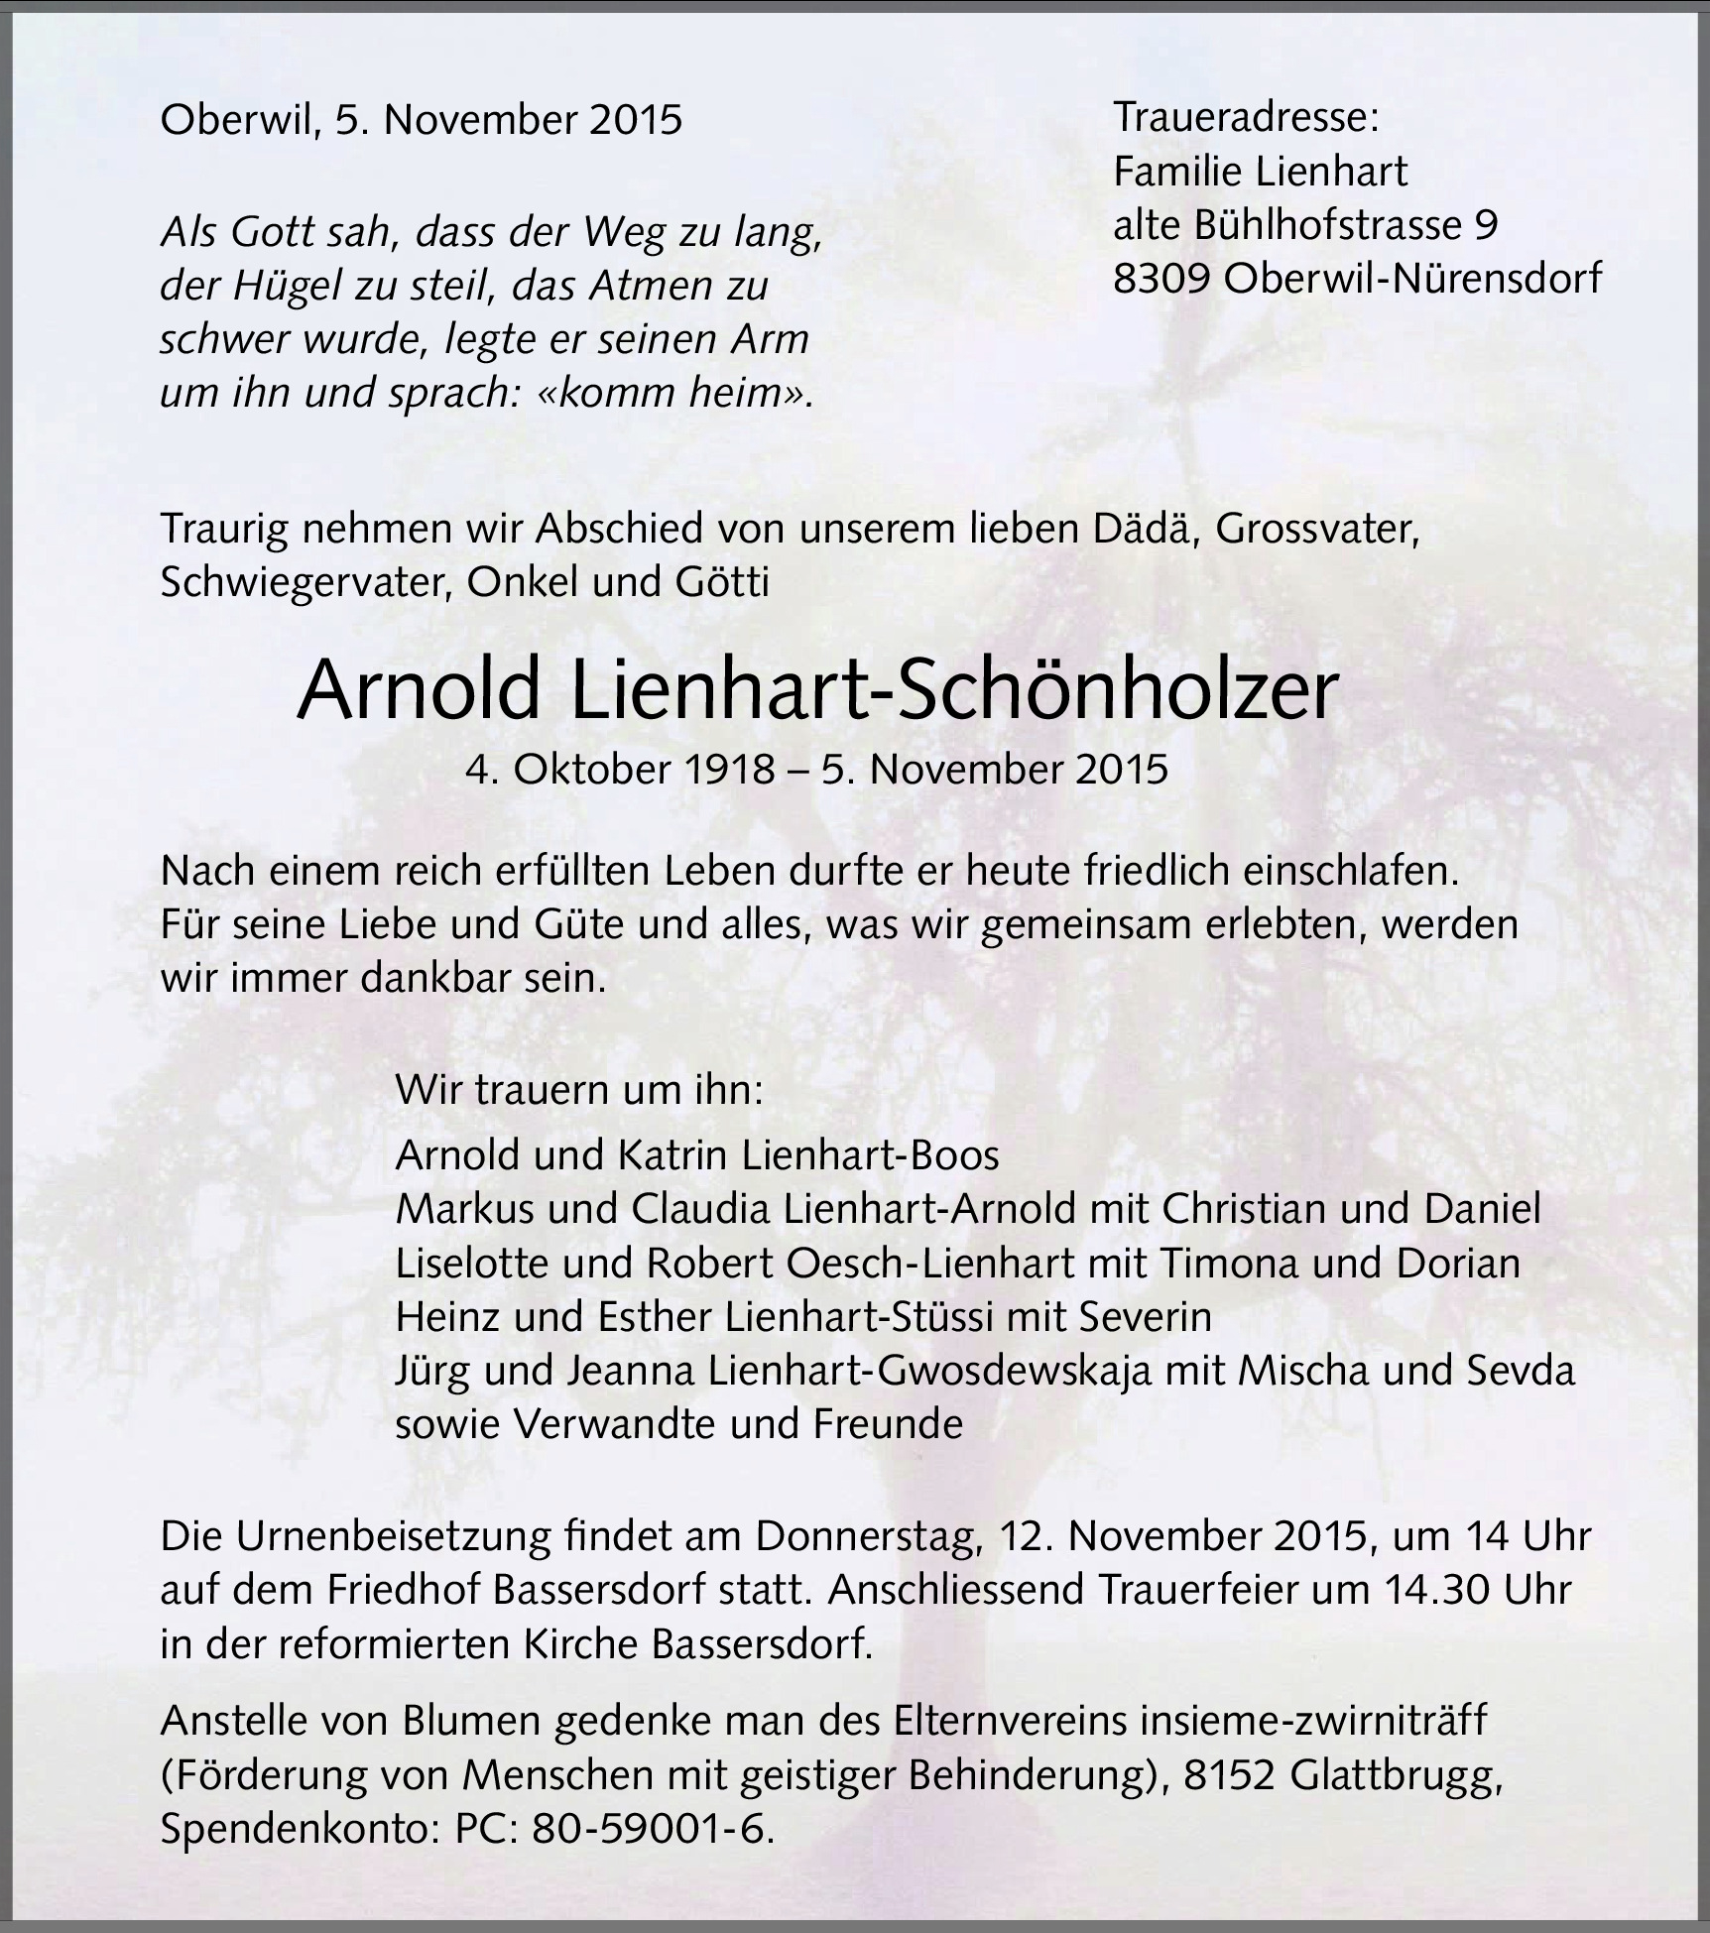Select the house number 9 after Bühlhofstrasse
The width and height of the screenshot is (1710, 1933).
pyautogui.click(x=1485, y=226)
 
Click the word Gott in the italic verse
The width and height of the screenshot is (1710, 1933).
pyautogui.click(x=271, y=233)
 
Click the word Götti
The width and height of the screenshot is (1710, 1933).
pyautogui.click(x=722, y=582)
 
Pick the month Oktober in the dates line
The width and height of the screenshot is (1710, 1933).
pyautogui.click(x=594, y=770)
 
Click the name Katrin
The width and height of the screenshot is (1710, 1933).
pyautogui.click(x=671, y=1154)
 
